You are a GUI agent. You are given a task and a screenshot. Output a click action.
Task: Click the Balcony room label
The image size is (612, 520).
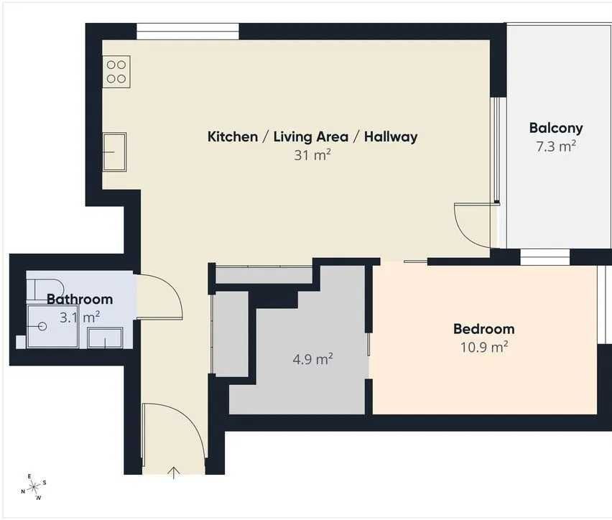click(556, 128)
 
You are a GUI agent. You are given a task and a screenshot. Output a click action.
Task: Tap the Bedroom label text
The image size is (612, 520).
click(484, 329)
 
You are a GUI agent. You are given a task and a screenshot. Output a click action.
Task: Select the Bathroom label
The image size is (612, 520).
click(80, 299)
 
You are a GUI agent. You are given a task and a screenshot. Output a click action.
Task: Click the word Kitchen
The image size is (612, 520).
click(233, 136)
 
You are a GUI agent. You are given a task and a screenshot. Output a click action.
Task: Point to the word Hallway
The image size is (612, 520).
click(391, 136)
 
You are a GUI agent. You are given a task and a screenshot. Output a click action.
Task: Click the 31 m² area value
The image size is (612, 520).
click(312, 155)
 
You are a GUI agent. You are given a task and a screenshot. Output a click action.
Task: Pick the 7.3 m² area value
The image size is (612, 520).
click(556, 147)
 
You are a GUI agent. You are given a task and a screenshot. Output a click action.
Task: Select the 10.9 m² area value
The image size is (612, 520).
click(484, 347)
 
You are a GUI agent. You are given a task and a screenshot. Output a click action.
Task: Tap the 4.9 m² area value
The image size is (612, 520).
click(312, 359)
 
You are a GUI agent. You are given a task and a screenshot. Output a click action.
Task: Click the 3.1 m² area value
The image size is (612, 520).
click(80, 317)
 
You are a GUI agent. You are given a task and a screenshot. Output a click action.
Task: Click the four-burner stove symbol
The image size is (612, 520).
click(116, 71)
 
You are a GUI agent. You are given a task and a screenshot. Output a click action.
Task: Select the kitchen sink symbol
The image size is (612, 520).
click(114, 152)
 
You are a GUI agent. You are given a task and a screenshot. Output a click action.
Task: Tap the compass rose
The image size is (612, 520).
click(34, 487)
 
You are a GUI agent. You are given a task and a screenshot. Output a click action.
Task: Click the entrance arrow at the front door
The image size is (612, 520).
click(174, 473)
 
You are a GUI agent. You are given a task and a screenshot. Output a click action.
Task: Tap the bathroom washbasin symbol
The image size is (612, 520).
click(105, 338)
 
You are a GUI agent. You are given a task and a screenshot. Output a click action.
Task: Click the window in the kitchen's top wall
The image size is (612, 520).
click(187, 31)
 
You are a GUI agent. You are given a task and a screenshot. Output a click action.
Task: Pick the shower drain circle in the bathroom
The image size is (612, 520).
click(42, 326)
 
